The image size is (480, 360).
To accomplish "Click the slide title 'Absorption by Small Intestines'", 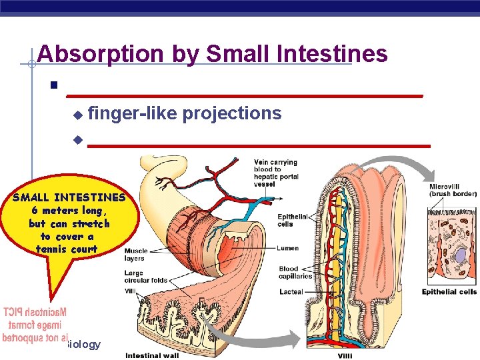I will [212, 53].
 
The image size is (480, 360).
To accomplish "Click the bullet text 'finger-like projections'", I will [185, 113].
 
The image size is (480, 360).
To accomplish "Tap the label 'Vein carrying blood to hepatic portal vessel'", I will [276, 173].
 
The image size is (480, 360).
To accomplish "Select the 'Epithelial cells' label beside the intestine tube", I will [293, 220].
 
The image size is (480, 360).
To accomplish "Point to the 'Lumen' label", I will [288, 248].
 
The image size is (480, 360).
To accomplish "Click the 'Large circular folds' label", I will [145, 277].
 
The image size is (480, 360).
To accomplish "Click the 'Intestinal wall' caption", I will [151, 355].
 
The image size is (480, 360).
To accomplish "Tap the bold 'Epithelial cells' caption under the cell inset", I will [449, 292].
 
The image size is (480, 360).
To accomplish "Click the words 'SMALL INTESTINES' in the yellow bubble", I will [69, 197].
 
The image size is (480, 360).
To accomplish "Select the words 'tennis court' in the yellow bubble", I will [67, 249].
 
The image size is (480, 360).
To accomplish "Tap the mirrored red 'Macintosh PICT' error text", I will [35, 312].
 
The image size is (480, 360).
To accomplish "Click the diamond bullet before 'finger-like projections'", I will [77, 115].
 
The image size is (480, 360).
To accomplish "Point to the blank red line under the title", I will [245, 95].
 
